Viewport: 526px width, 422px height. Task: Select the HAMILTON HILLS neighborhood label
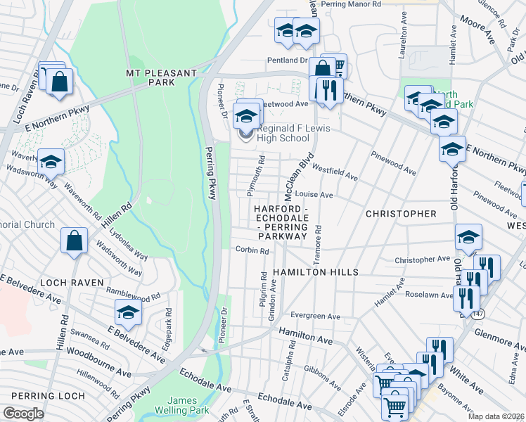[316, 271]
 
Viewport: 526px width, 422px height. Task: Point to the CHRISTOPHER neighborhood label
[401, 213]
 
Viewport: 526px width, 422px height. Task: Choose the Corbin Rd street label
[252, 250]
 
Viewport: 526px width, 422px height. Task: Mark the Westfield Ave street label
[335, 174]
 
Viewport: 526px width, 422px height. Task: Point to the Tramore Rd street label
[318, 240]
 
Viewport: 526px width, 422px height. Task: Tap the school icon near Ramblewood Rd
[127, 312]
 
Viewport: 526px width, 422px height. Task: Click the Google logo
[23, 414]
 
